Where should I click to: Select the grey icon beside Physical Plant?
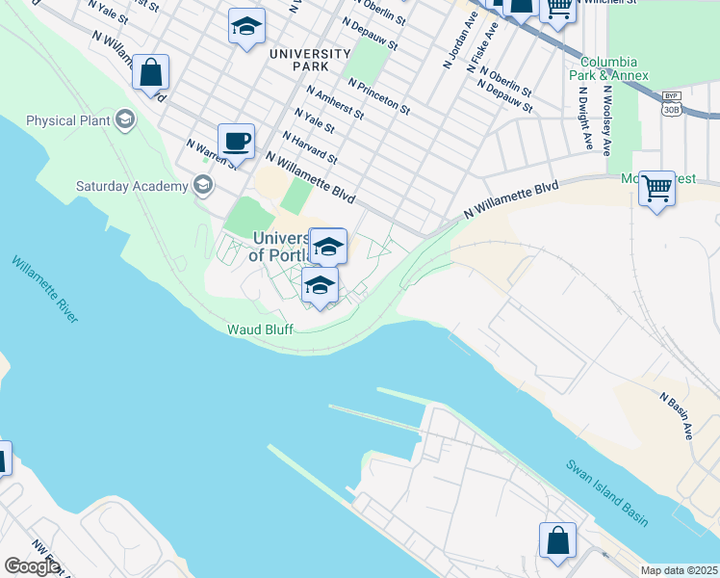123,120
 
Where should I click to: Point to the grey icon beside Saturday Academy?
202,184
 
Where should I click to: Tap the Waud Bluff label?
259,328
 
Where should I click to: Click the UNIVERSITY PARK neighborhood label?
309,60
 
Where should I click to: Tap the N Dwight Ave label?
584,121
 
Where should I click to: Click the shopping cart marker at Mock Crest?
657,188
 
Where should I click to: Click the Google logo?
33,565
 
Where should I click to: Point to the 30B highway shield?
671,109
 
